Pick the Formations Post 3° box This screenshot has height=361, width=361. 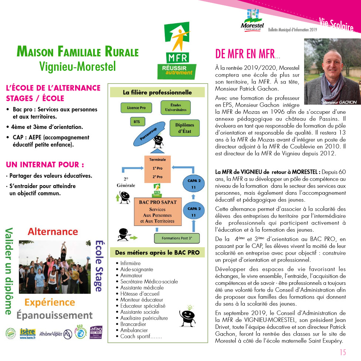click(177, 238)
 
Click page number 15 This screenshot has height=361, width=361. click(343, 351)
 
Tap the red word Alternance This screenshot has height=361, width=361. click(53, 232)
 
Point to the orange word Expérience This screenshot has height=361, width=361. click(50, 302)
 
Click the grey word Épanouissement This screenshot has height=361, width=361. click(54, 315)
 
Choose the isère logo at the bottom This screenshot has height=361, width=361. click(27, 334)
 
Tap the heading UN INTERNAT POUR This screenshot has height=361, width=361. click(45, 164)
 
